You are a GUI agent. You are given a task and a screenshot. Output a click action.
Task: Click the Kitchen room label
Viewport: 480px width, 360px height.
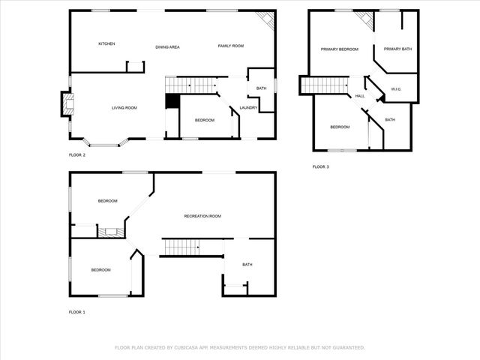106,44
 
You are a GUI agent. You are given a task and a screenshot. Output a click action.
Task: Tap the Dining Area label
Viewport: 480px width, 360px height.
167,47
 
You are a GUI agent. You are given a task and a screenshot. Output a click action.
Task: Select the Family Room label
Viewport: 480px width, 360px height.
231,46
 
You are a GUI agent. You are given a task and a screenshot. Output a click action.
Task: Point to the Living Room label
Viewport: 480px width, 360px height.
124,108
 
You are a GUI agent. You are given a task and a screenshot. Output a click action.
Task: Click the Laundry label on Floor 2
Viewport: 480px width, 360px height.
248,108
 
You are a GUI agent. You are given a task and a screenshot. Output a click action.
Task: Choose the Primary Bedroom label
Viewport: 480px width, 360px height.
339,49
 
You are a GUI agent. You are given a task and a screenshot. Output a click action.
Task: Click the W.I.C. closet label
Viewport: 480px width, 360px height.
397,89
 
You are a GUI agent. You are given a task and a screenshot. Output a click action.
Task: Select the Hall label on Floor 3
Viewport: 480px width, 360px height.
360,96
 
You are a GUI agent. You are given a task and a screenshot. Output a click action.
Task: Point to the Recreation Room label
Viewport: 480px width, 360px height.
202,216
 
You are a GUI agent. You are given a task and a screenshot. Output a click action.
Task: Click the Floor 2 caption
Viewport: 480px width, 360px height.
77,155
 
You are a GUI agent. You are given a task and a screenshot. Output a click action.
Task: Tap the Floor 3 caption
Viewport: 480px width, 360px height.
320,166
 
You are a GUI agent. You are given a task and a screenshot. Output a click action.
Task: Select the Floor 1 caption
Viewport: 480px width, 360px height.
77,312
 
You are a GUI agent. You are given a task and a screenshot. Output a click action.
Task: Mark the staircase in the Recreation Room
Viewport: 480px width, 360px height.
182,246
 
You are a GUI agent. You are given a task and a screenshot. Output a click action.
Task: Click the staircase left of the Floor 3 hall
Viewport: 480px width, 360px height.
324,85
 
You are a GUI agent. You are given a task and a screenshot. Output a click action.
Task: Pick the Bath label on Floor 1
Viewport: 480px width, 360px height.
247,265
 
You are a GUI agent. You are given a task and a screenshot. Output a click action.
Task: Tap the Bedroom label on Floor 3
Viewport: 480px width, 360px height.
340,127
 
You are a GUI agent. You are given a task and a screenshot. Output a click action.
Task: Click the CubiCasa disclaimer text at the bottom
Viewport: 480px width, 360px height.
239,347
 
